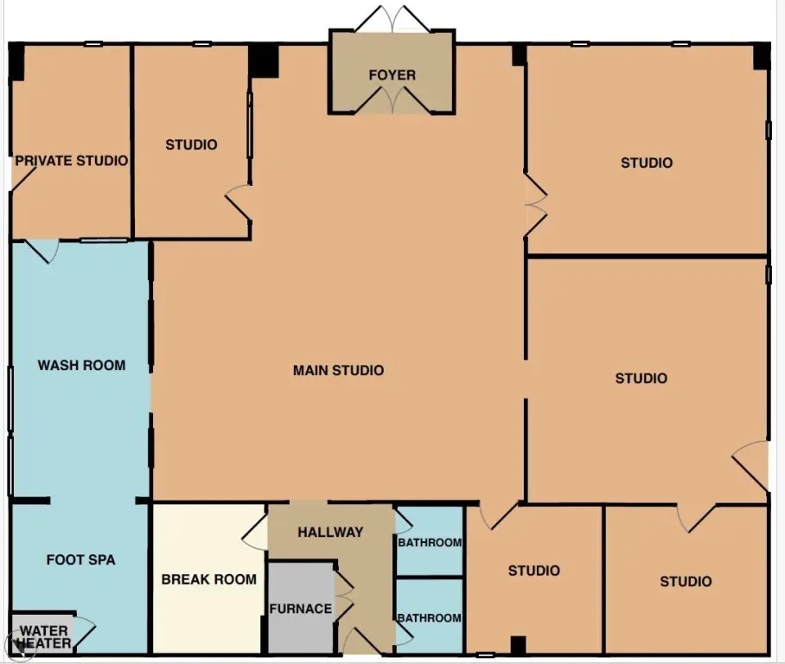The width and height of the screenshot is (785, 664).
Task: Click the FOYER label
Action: (392, 75)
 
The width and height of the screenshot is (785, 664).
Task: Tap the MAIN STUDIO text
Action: (338, 371)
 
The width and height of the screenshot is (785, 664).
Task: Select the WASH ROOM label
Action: (81, 365)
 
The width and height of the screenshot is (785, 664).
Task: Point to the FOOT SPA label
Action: (80, 559)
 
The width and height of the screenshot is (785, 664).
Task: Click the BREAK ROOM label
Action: (208, 579)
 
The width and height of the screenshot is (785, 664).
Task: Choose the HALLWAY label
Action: (330, 532)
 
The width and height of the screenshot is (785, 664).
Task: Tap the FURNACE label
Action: (300, 609)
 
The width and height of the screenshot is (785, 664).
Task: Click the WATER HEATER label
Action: (44, 637)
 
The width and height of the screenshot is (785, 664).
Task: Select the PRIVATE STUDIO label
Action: (71, 161)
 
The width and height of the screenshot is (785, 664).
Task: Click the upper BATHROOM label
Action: (430, 542)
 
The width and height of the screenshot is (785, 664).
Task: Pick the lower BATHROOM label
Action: (429, 618)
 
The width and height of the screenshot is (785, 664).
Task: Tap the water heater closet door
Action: (84, 634)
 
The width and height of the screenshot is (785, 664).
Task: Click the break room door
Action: (254, 532)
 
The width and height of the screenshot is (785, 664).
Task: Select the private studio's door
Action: (23, 179)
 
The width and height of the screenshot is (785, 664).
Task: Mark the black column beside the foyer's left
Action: (264, 61)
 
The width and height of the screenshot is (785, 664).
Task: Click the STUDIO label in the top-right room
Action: (647, 163)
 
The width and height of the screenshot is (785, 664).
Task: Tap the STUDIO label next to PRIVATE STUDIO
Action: (191, 144)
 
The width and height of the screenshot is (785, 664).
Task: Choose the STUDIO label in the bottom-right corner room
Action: (686, 581)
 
